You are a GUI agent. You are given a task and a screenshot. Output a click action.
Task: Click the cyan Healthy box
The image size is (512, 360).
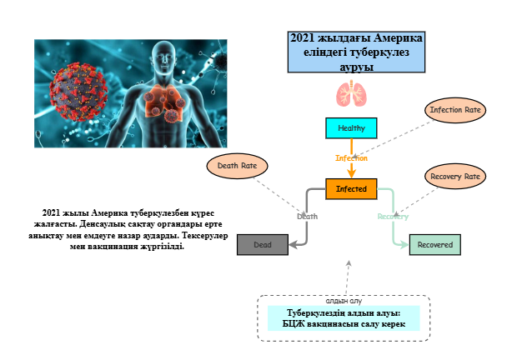point(351,127)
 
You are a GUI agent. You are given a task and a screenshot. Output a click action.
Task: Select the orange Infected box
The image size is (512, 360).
point(351,189)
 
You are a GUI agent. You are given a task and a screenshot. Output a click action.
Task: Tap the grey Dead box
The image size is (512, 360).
point(262,244)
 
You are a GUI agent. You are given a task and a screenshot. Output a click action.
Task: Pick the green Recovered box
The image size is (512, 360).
point(434,245)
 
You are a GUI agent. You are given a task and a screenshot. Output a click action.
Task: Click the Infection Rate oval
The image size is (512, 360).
point(454,110)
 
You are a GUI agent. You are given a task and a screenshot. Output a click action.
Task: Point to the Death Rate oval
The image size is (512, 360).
point(237,166)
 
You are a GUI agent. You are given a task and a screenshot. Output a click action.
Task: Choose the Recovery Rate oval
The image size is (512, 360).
point(454,177)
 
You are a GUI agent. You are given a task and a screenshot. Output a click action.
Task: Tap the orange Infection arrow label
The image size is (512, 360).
point(351,157)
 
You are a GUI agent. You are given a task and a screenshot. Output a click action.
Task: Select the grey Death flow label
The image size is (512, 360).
point(308,216)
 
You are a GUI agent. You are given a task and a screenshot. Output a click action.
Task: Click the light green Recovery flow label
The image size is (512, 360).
point(393,216)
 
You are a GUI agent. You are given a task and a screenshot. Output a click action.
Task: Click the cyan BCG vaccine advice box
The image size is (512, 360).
point(343,318)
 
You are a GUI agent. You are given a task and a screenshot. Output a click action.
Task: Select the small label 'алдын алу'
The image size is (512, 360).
point(343,300)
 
